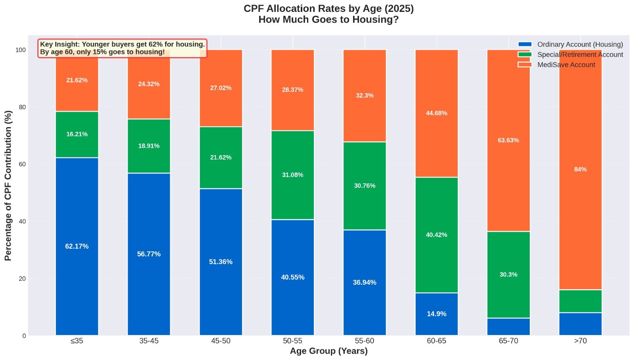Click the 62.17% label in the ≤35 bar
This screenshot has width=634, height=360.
(x=77, y=246)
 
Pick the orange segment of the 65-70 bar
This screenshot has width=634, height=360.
(x=508, y=178)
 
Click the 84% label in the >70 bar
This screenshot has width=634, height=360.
(x=580, y=170)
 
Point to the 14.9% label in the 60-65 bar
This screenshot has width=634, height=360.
(x=436, y=314)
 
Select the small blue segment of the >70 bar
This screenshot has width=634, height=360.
(x=580, y=324)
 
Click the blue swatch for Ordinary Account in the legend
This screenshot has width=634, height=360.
(x=525, y=44)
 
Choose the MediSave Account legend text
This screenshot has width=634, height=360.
(x=566, y=65)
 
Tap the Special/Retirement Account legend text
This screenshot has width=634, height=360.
(x=580, y=55)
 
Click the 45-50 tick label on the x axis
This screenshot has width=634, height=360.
(x=221, y=341)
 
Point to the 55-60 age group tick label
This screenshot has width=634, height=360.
(x=365, y=341)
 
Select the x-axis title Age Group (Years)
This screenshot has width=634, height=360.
(x=328, y=351)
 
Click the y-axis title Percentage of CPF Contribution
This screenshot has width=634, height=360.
(x=8, y=185)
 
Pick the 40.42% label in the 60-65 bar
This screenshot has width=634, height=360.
(x=436, y=235)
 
